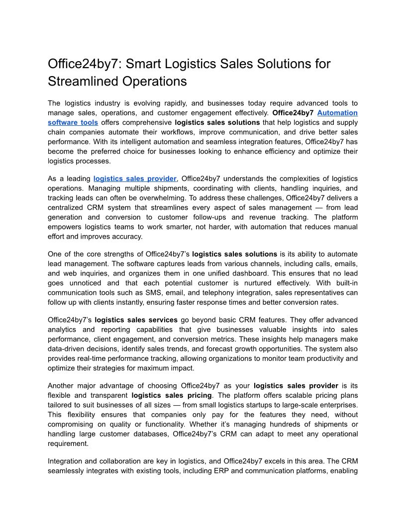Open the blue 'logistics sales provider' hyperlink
pos(135,178)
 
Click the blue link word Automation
pos(337,113)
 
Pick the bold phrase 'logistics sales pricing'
pos(172,395)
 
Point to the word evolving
pos(149,103)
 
